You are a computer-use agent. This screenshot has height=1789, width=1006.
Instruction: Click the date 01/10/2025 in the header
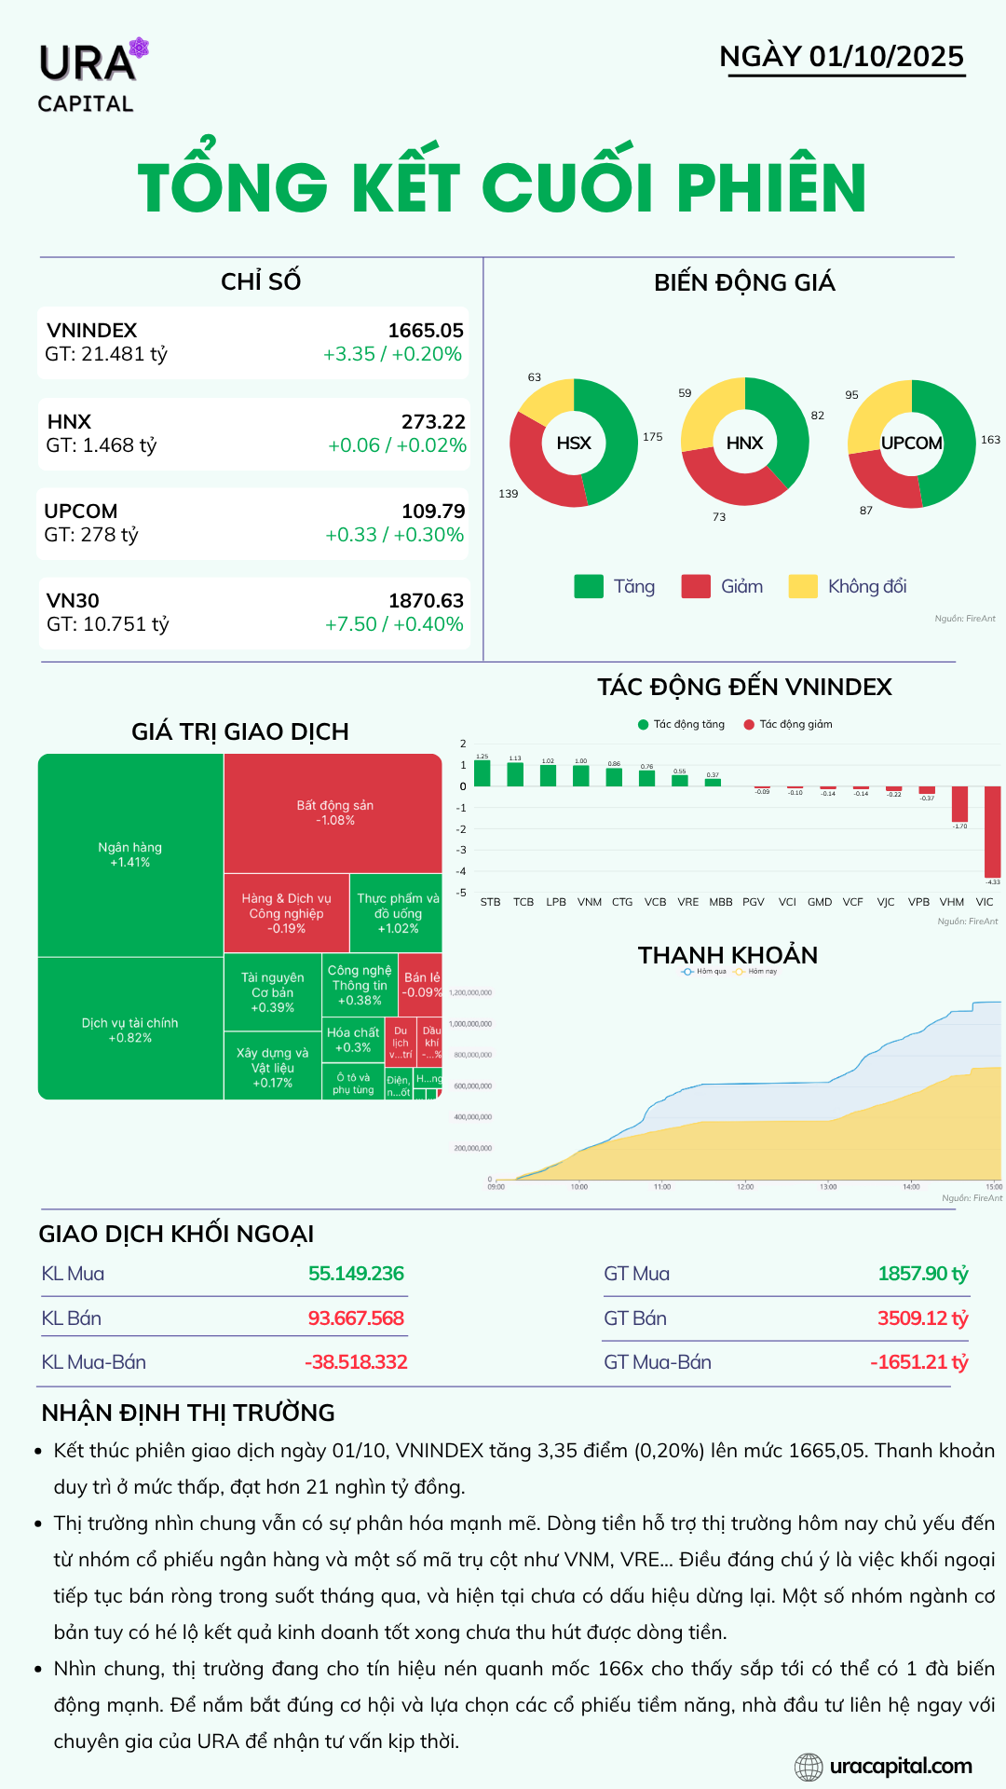pos(886,57)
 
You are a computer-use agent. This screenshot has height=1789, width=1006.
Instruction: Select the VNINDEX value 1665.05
pos(426,331)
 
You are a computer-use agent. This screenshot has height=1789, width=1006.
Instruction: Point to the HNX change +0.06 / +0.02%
pos(397,445)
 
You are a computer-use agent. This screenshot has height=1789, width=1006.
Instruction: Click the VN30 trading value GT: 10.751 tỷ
pos(108,624)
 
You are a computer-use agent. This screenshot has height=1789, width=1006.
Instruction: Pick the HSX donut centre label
pos(574,443)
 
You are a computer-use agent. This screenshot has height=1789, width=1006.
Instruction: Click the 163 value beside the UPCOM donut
pos(990,440)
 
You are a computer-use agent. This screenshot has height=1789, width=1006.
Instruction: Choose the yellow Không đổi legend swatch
pos(803,586)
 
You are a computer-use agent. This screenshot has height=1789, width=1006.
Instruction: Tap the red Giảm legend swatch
pos(696,586)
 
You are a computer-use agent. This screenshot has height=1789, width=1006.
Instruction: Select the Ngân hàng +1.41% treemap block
pos(130,854)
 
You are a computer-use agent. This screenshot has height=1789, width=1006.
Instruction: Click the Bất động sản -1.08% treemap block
pos(334,813)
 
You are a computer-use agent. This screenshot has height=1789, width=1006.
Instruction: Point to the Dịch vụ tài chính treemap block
pos(130,1030)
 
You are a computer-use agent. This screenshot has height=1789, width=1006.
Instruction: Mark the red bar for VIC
pos(992,831)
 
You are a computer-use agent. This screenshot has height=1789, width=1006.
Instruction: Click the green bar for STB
pos(483,773)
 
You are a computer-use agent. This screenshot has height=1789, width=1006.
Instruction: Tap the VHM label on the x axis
pos(952,902)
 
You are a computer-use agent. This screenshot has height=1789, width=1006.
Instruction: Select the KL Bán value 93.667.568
pos(356,1318)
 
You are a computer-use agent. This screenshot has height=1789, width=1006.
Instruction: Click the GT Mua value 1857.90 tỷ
pos(922,1274)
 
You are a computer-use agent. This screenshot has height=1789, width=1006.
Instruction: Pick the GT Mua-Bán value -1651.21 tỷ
pos(918,1362)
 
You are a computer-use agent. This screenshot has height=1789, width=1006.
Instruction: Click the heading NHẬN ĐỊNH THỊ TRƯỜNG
pos(188,1413)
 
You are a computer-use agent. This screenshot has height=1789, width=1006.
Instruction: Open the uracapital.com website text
pos(900,1766)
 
